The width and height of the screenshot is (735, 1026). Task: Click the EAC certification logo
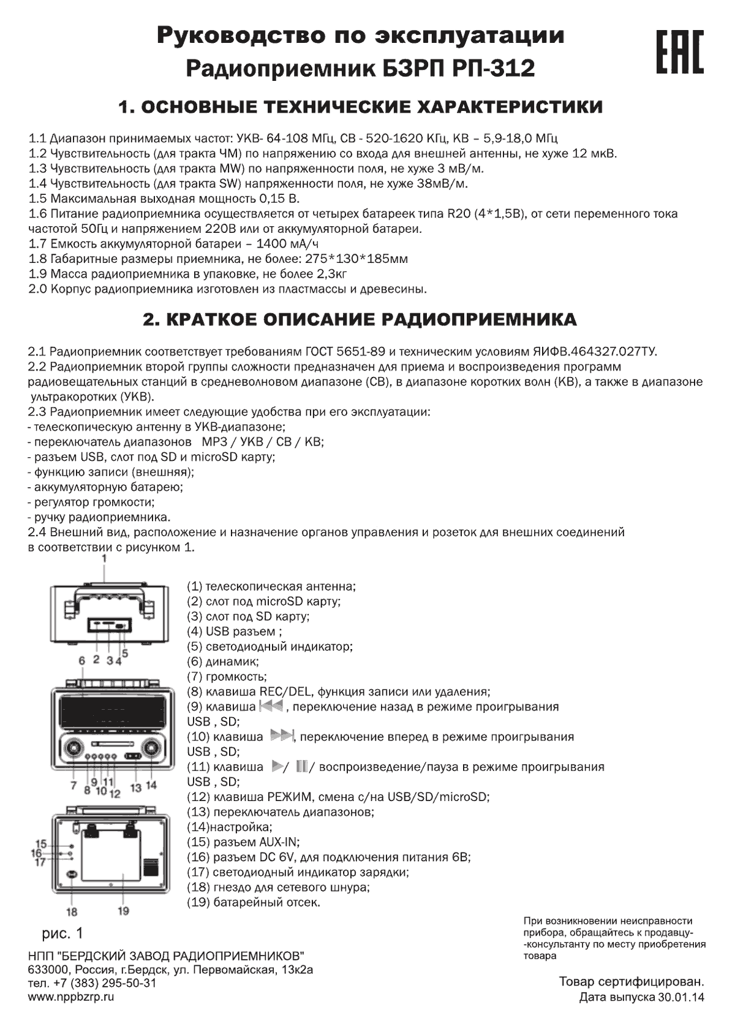click(680, 51)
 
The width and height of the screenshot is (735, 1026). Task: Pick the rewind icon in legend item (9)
click(271, 707)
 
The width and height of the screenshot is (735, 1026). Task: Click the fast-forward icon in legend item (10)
click(282, 736)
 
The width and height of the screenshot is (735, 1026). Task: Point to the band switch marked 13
click(132, 758)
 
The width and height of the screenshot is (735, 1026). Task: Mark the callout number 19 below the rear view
click(123, 911)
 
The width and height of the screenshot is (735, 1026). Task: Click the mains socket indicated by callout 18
click(72, 874)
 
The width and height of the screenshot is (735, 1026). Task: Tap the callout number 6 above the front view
click(81, 661)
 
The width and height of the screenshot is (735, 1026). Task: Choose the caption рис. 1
click(62, 933)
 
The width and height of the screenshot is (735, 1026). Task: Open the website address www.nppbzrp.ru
click(71, 997)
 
